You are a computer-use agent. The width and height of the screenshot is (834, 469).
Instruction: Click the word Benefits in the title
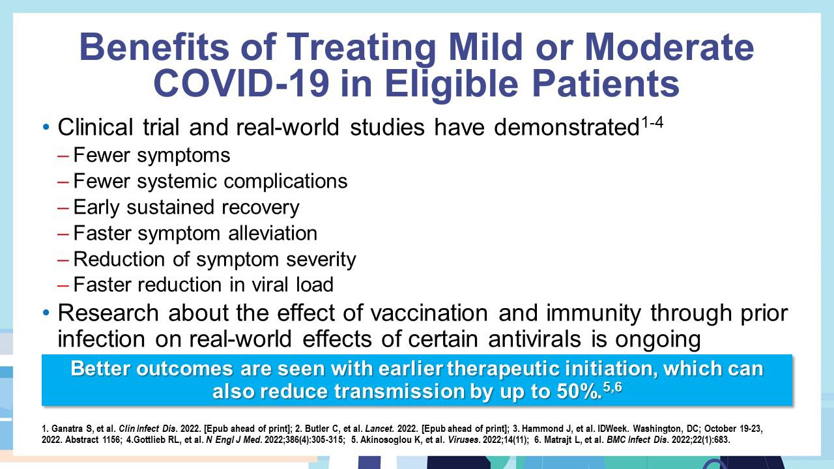click(154, 47)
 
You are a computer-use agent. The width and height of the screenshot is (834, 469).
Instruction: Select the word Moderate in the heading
click(669, 47)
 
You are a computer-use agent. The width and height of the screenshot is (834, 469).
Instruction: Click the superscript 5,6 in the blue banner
click(612, 388)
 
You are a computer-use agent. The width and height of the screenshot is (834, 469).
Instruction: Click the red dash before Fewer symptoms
click(63, 156)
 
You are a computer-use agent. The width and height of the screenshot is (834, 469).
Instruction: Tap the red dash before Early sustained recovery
click(63, 208)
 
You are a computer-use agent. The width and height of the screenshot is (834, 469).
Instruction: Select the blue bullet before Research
click(46, 313)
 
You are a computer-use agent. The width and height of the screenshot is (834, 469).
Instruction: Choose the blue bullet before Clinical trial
click(46, 127)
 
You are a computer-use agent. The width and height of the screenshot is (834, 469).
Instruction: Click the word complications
click(285, 182)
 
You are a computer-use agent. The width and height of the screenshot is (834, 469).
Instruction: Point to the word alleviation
click(272, 233)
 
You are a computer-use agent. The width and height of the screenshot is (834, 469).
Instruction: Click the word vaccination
click(429, 313)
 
